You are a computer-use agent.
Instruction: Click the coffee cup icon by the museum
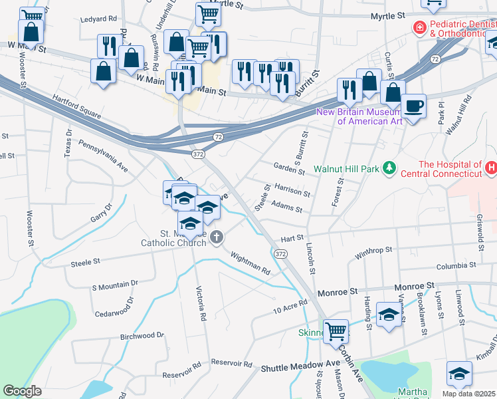pos(413,106)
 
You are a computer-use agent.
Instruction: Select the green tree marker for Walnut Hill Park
pos(391,168)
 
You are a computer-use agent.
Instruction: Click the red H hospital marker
pos(491,168)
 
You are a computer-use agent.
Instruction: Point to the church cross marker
pos(217,237)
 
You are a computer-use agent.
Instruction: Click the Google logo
pos(22,391)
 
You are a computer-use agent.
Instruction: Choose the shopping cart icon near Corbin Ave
pos(336,330)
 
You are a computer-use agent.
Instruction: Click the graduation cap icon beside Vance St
pos(389,314)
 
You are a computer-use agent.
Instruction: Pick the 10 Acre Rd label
pos(290,307)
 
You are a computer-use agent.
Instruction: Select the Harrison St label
pos(292,192)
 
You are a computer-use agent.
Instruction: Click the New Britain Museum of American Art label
pos(360,116)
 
